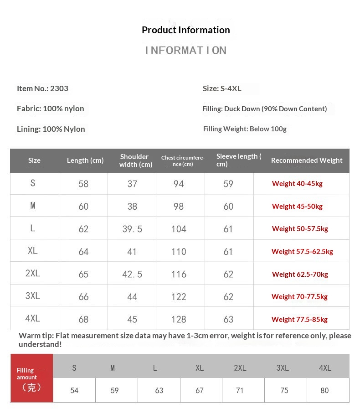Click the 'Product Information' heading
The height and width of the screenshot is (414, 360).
185,30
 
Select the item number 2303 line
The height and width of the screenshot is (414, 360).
42,88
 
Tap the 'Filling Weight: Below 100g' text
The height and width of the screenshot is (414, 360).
245,129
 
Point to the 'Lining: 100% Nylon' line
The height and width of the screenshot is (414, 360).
51,129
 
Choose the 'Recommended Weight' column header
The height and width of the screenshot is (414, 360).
307,160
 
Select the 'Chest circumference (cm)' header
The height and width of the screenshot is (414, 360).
183,160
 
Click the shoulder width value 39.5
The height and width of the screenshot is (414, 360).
132,229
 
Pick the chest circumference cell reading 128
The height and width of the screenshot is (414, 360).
179,320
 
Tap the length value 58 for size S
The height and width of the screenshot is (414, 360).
83,184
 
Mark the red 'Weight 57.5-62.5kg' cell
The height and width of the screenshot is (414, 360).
302,252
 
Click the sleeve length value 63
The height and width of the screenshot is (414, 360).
228,320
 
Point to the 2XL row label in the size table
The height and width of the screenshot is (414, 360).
33,274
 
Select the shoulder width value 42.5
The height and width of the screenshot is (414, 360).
132,274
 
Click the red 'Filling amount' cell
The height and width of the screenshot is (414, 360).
31,378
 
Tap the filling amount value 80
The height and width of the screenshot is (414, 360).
324,391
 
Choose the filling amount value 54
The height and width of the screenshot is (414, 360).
74,391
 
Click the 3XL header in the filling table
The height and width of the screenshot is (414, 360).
283,368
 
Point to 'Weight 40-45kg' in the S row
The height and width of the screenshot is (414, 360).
297,184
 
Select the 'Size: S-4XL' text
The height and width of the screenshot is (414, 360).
222,88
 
